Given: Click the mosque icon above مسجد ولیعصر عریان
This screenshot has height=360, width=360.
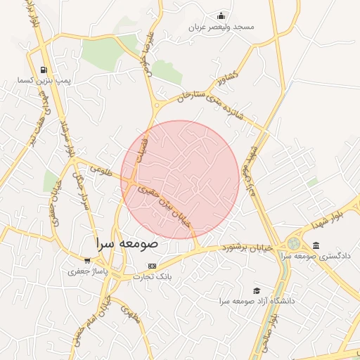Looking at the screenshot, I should point(222,16).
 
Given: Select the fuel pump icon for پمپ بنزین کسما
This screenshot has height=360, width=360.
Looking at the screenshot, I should point(44,70).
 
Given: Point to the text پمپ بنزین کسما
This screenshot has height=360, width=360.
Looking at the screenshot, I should point(44,81).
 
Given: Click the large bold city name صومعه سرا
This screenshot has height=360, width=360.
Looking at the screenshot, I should point(128,243).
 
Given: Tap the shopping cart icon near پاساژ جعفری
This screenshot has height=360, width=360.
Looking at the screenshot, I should point(88,270).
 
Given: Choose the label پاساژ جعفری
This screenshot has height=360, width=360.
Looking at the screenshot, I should point(88,281).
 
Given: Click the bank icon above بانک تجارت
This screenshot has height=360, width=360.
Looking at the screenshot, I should point(152,266).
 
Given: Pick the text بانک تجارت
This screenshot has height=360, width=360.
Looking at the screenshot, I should point(152,277).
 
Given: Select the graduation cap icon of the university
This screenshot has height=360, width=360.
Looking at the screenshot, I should point(257,290).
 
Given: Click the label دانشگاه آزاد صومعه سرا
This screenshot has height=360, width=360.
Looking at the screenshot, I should point(257,301).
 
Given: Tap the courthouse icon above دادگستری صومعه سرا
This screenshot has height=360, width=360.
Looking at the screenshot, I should point(316,245).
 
